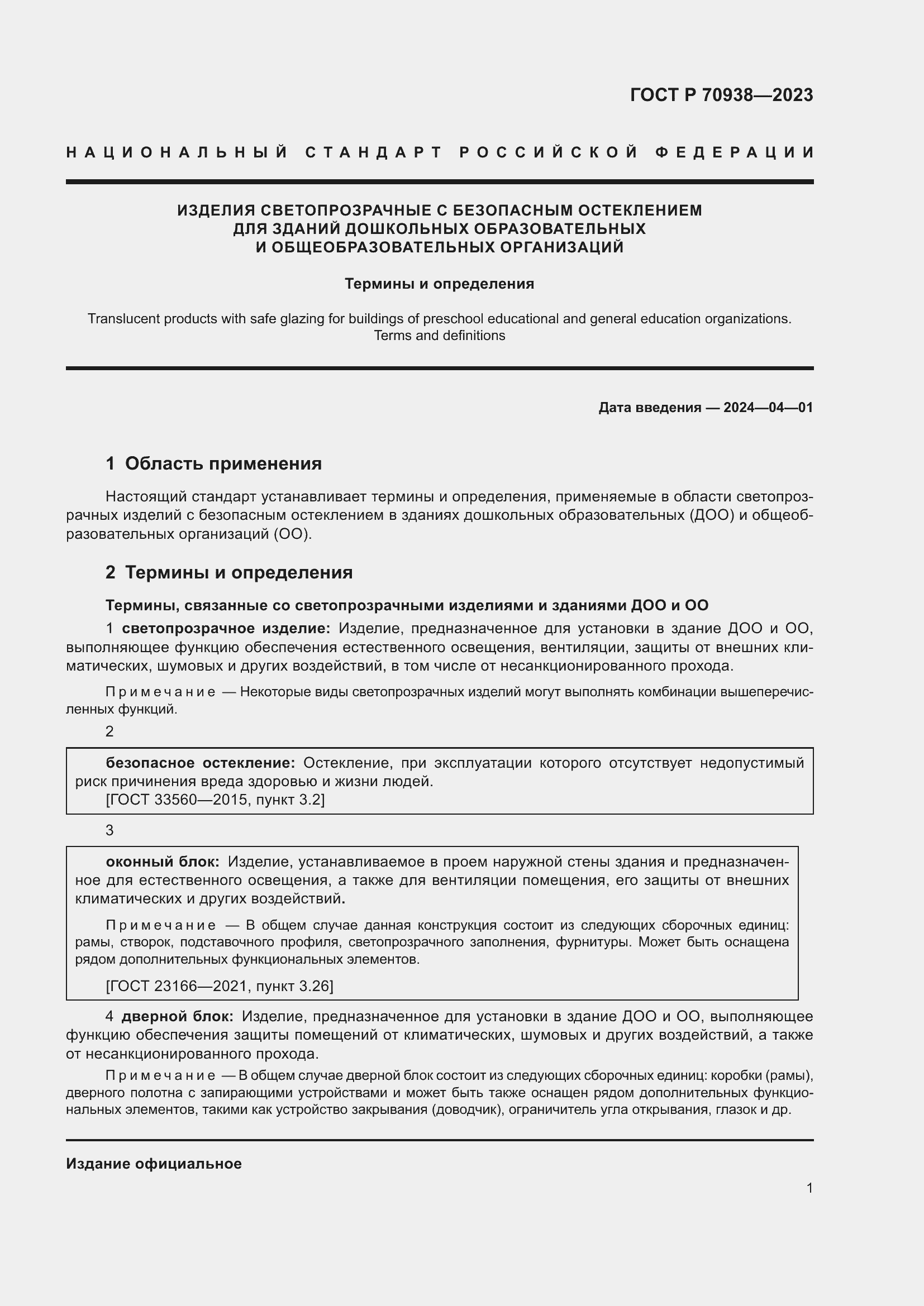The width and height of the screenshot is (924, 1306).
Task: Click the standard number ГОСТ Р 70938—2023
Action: [x=721, y=95]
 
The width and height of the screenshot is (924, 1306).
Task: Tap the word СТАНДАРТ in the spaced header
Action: [x=374, y=152]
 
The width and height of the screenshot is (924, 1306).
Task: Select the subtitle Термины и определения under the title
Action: [x=439, y=284]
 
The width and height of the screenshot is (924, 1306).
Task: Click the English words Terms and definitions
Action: [x=439, y=336]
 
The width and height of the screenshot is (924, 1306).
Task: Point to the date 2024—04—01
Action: [x=768, y=407]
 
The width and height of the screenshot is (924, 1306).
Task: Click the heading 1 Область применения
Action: [x=213, y=463]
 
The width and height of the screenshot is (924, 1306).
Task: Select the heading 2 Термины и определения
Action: [x=228, y=572]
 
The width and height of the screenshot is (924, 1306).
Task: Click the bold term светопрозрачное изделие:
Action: [x=226, y=629]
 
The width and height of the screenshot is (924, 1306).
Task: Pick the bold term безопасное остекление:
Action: [x=201, y=763]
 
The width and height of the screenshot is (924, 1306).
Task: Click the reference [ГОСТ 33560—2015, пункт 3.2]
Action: [x=215, y=800]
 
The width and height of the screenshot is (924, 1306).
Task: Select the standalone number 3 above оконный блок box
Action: [x=110, y=830]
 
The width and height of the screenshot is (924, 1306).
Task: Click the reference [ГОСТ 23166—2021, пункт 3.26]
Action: [x=220, y=986]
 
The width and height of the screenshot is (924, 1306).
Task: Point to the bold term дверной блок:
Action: [x=177, y=1016]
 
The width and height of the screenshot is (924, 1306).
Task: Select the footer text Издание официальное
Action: [x=154, y=1164]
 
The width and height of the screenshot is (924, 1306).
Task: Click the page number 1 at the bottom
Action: [x=809, y=1188]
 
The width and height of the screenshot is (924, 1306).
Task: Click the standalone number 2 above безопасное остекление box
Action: [x=110, y=731]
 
